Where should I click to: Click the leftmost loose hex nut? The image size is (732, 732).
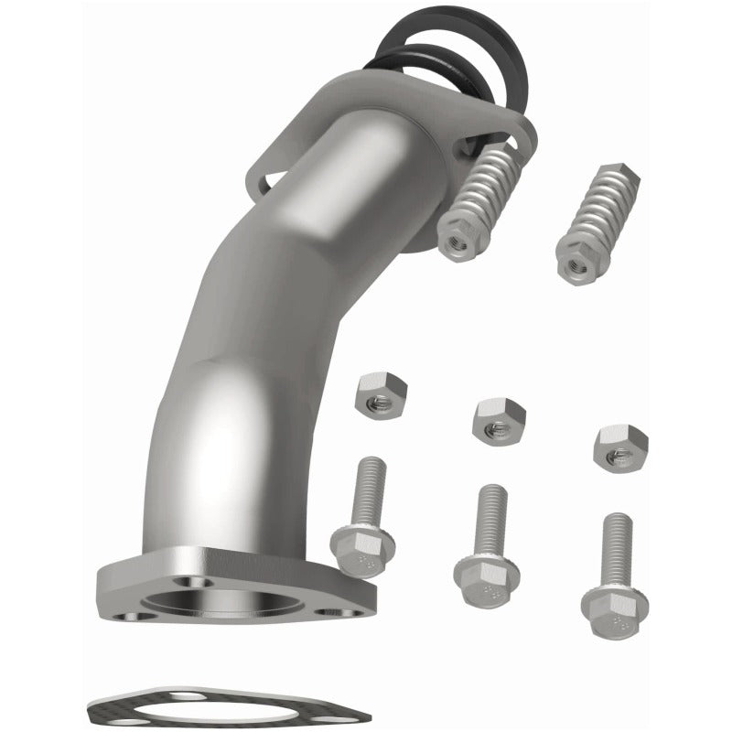click(x=379, y=394)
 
